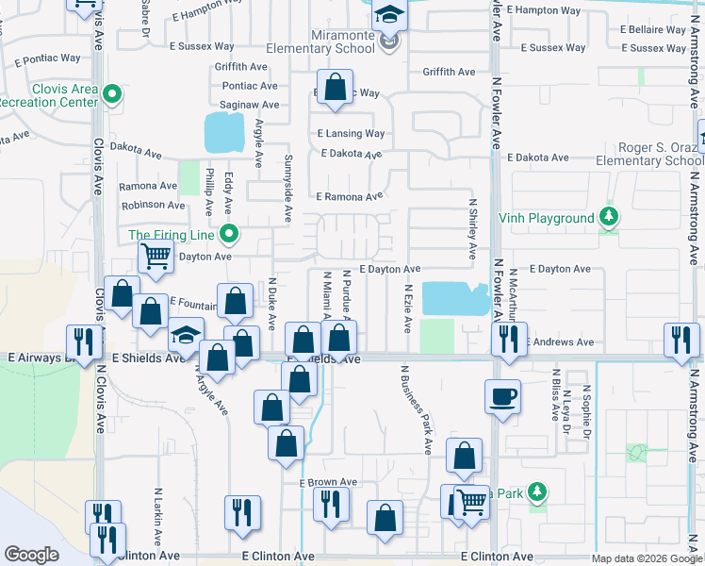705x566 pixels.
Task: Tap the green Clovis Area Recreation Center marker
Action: coord(112,93)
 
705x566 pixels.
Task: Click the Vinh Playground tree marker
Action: coord(610,218)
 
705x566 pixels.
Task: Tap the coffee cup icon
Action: coord(502,396)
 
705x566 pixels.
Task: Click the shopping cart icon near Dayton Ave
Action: coord(156,256)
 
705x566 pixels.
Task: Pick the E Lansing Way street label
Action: coord(351,134)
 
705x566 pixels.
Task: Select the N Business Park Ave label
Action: coord(415,410)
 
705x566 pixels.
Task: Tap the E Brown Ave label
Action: coord(328,482)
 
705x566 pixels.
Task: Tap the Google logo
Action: coord(31,554)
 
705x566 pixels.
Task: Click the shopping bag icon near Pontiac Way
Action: coord(335,87)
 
